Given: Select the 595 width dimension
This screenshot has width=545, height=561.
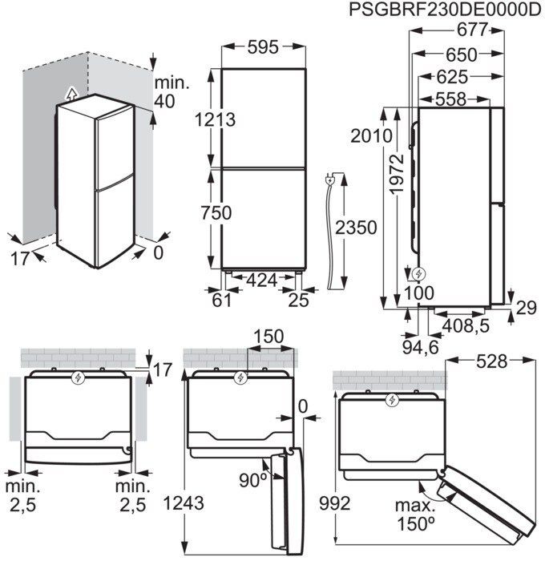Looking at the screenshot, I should [262, 47].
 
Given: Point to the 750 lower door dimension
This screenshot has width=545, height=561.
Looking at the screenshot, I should [216, 213].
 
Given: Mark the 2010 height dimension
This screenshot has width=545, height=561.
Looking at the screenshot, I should [370, 135].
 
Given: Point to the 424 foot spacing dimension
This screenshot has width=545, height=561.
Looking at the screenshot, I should [262, 280].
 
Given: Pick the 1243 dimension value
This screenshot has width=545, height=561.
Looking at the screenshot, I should [184, 502].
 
